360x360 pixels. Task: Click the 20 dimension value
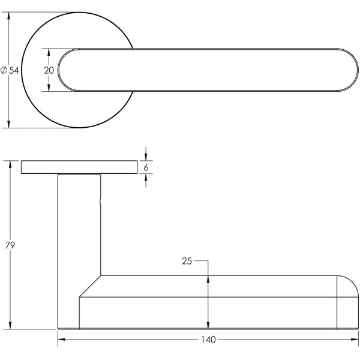[49, 70]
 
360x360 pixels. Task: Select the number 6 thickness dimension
[146, 167]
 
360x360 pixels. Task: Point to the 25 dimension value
[186, 261]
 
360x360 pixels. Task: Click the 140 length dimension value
[208, 340]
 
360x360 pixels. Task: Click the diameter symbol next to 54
[4, 71]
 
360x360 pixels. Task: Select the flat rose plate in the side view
[79, 167]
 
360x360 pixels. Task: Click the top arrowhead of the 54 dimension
[8, 16]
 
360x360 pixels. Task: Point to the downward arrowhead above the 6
[146, 157]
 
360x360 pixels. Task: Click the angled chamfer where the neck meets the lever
[90, 286]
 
